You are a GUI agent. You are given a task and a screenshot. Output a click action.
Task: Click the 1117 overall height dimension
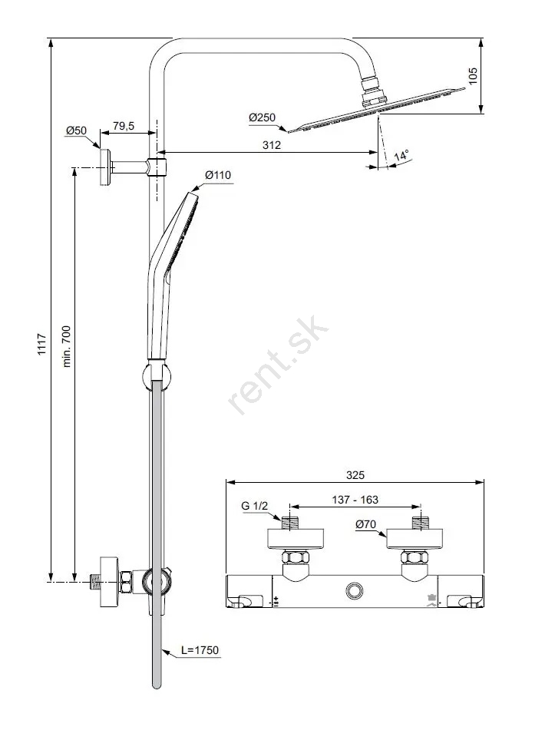click(x=42, y=345)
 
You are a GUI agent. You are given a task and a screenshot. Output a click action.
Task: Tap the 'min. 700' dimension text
click(x=66, y=346)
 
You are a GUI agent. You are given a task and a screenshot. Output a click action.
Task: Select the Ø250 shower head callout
click(x=262, y=117)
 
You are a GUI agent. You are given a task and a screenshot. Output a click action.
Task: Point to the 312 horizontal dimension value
click(x=272, y=145)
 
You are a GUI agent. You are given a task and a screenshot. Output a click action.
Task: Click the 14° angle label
click(x=401, y=156)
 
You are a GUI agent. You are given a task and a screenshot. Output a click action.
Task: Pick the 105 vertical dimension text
click(x=473, y=76)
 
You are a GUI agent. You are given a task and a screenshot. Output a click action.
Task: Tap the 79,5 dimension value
click(x=124, y=126)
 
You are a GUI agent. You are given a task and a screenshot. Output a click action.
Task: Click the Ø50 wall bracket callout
click(x=76, y=130)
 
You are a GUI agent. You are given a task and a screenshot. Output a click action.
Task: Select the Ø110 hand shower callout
click(x=218, y=175)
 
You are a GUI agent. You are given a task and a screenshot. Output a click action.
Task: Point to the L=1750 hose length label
click(x=200, y=650)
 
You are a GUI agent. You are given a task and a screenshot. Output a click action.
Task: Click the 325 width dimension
click(x=355, y=475)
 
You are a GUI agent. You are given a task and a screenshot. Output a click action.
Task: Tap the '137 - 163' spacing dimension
click(x=355, y=500)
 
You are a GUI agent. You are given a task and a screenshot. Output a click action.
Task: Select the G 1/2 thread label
click(x=255, y=506)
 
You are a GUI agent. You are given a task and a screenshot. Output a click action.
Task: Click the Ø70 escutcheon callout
click(x=365, y=524)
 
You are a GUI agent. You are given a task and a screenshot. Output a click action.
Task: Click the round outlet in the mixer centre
click(x=355, y=591)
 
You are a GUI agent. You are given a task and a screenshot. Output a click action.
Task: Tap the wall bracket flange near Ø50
click(x=105, y=167)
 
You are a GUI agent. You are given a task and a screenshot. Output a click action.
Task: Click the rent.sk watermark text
click(x=279, y=365)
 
